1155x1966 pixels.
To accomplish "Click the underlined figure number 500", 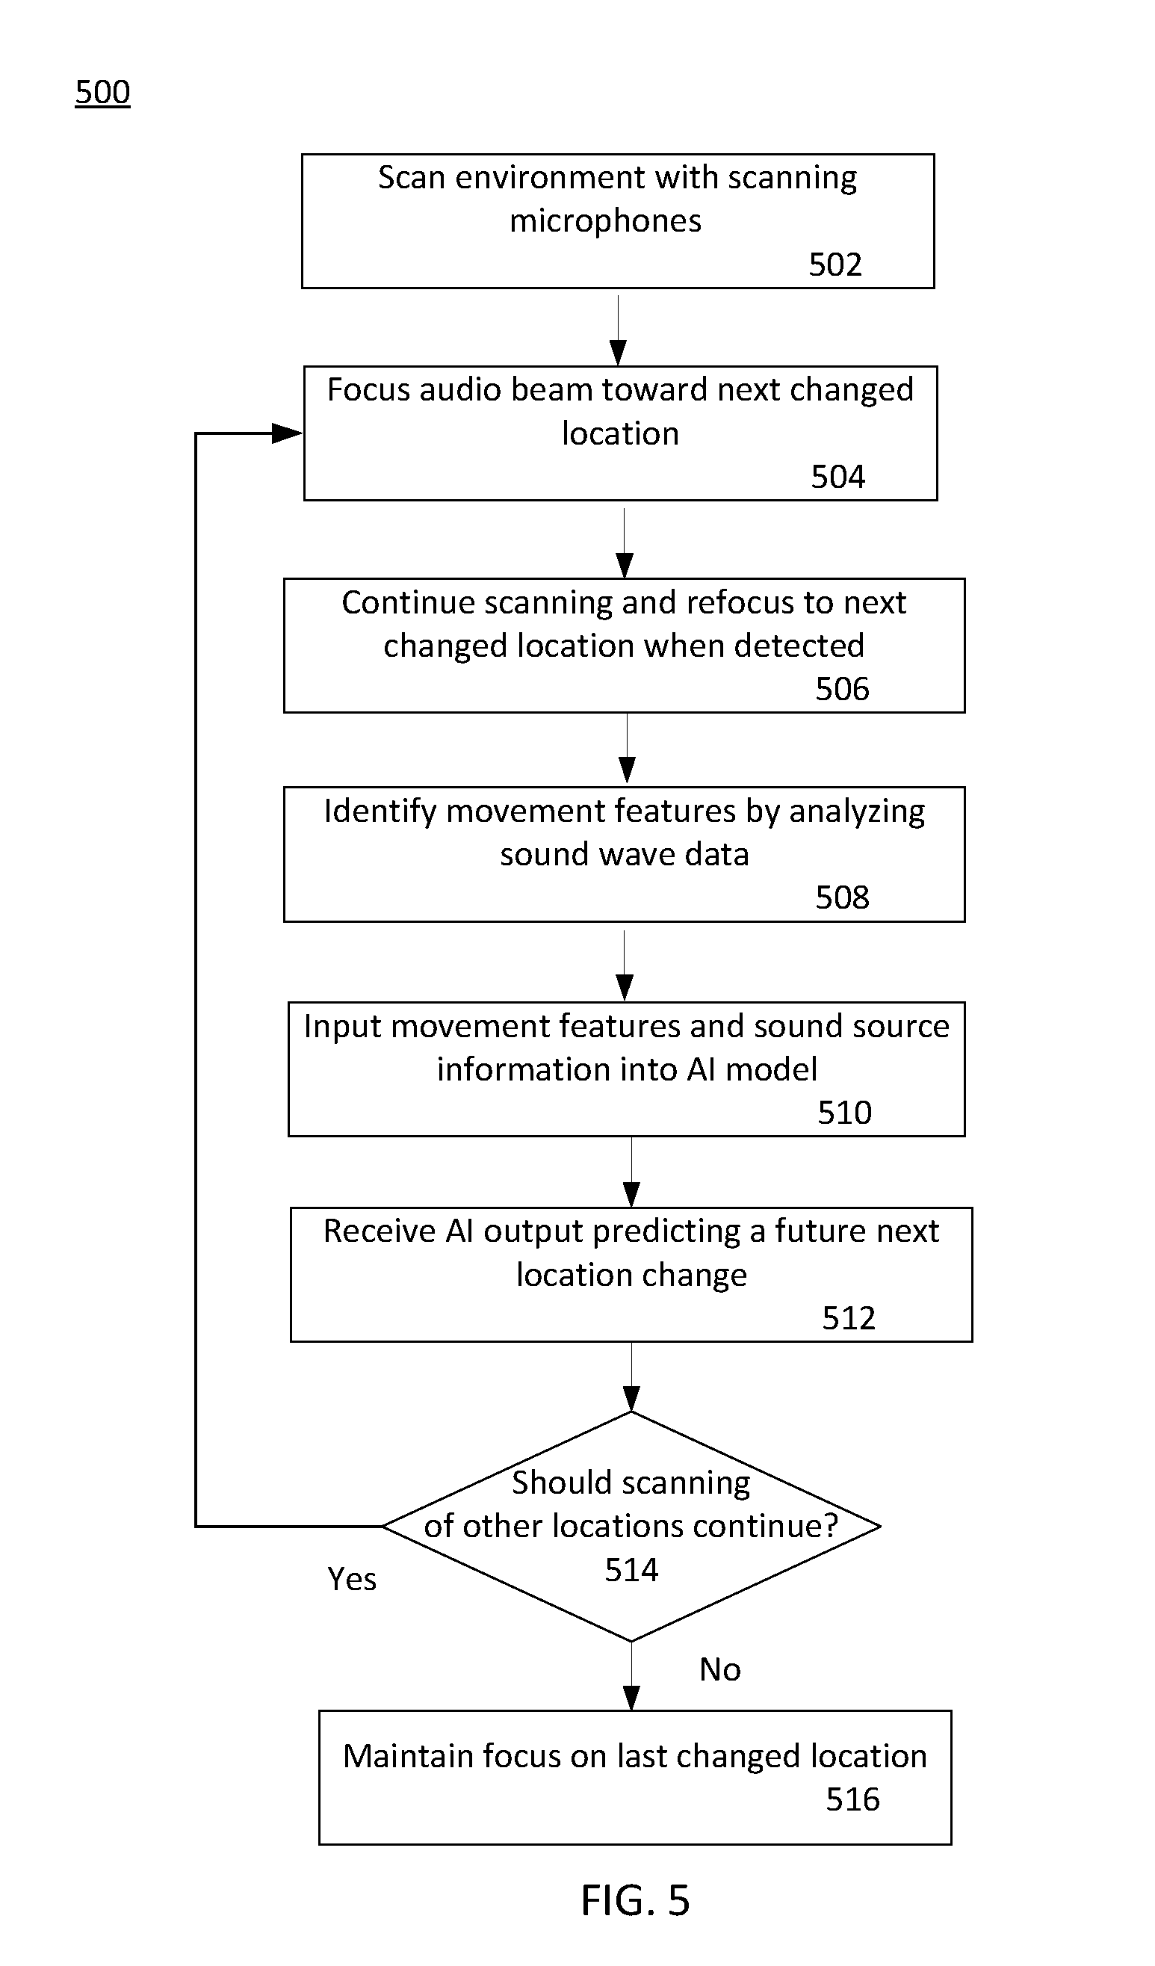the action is click(x=102, y=93).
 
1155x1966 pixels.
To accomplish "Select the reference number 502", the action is click(x=835, y=265).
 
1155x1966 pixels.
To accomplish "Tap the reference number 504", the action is click(x=837, y=477).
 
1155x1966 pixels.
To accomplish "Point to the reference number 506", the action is click(x=842, y=689).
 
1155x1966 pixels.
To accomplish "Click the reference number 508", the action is click(x=842, y=898).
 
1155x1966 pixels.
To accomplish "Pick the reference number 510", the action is click(x=845, y=1113).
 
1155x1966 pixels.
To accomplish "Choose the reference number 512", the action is click(x=849, y=1317).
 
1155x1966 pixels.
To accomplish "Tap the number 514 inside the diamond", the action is click(x=632, y=1570).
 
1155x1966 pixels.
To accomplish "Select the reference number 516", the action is click(x=852, y=1799).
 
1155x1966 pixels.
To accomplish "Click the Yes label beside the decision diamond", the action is click(x=352, y=1579).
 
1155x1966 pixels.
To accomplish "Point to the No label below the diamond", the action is click(x=720, y=1669).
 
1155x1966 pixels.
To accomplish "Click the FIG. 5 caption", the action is click(x=636, y=1899).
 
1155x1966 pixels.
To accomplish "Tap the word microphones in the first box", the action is click(x=605, y=222).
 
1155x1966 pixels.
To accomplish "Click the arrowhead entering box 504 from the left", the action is click(x=287, y=433).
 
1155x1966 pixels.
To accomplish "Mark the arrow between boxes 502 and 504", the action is click(x=619, y=330).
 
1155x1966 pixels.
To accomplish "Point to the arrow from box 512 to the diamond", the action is click(x=632, y=1377).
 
